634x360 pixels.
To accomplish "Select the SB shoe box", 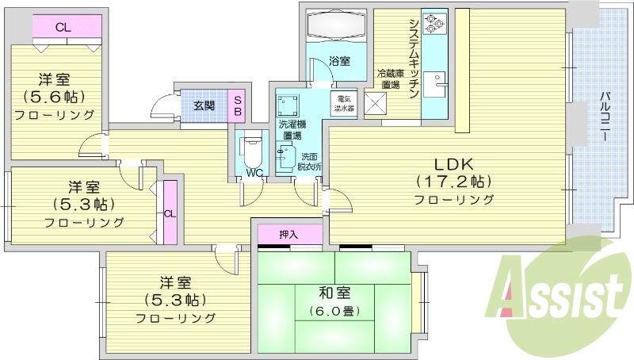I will click(x=237, y=105).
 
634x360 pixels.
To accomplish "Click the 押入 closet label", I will click(x=289, y=235).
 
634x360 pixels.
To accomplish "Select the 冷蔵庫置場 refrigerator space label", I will click(x=389, y=79).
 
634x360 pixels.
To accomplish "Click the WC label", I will click(x=254, y=172).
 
